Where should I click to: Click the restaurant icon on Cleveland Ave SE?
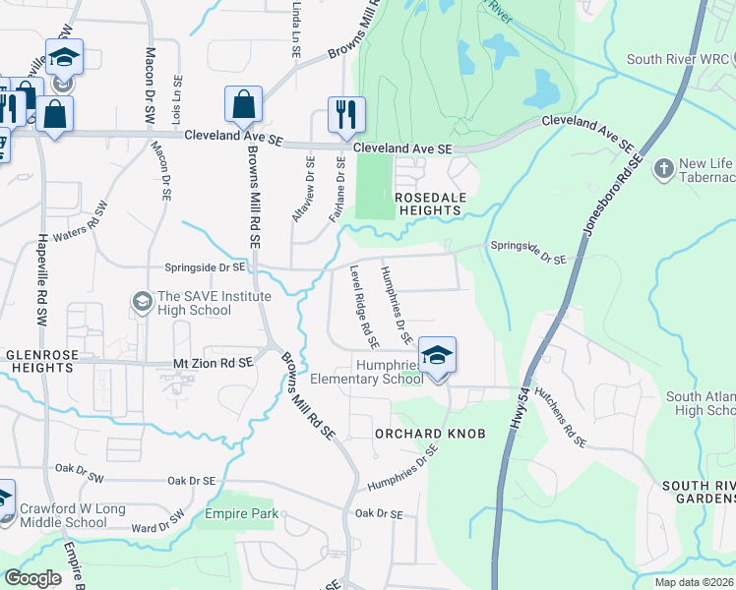tap(346, 113)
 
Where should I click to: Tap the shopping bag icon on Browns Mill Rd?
tap(242, 104)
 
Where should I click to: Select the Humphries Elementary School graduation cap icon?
tap(437, 355)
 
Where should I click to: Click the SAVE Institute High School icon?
tap(143, 299)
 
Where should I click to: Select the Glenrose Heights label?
tap(37, 364)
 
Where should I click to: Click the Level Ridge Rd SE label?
tap(365, 307)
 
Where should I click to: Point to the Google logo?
tap(33, 578)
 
